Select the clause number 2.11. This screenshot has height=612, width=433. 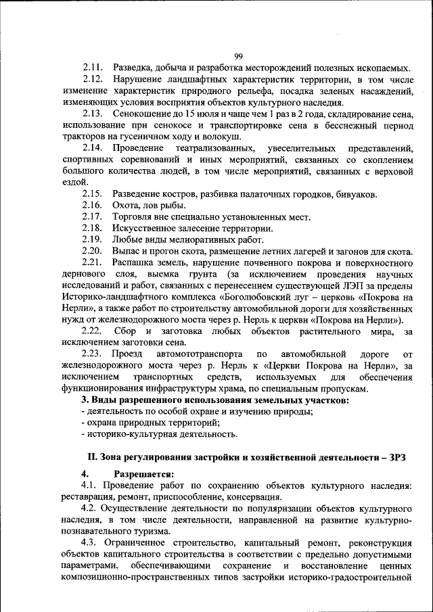coord(92,68)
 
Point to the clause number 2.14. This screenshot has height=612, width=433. coord(92,148)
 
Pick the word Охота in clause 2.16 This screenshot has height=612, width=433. coord(126,206)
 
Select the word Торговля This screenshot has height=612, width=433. coord(133,217)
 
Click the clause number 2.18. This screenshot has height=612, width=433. coord(92,229)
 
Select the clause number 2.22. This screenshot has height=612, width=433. coord(92,331)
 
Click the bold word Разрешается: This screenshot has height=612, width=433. coord(144,474)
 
